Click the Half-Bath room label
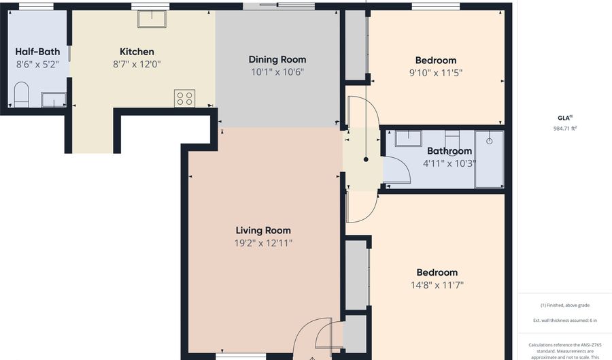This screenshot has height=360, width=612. [x=37, y=52]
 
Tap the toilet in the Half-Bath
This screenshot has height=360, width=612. [x=21, y=94]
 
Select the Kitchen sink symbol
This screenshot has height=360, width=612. [x=152, y=19]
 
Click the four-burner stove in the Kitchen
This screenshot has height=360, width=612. [x=184, y=97]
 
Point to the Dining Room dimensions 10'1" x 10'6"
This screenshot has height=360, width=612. [x=277, y=72]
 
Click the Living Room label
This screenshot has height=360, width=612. [x=263, y=231]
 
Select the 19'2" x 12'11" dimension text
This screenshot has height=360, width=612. [x=263, y=243]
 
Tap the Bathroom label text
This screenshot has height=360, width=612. [x=449, y=150]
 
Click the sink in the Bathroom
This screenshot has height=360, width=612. [x=408, y=139]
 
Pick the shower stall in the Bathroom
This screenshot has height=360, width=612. [x=489, y=159]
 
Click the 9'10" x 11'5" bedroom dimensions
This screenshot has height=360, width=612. [x=436, y=73]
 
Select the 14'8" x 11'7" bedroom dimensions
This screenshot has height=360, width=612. [x=437, y=285]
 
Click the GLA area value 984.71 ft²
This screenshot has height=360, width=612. [x=565, y=128]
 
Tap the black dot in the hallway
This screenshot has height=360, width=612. [x=366, y=159]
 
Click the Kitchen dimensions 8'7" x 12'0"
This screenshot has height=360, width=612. [x=137, y=64]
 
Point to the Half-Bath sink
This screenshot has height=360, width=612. [x=54, y=99]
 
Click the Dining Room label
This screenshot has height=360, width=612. [x=277, y=59]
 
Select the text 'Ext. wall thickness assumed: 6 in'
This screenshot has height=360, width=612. [x=565, y=321]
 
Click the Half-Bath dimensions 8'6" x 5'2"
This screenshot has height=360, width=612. [x=37, y=64]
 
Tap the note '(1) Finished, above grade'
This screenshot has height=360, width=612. [x=565, y=306]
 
